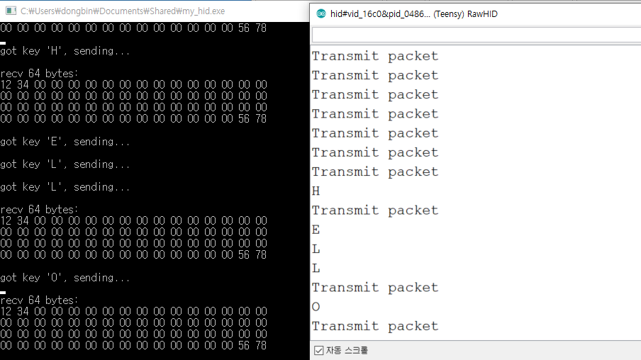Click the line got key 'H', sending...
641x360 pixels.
[65, 51]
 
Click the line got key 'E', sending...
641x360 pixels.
[65, 142]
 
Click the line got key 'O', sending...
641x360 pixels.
[65, 278]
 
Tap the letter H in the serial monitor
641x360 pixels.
[316, 191]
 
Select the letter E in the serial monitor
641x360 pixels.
[316, 230]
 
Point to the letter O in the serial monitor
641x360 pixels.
[316, 307]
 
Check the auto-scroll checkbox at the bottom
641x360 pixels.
[318, 350]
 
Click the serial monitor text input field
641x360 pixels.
[475, 35]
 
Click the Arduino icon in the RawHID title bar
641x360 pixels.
[321, 13]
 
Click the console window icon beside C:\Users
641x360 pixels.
[11, 11]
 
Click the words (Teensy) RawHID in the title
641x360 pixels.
[465, 13]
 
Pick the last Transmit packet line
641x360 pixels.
[375, 326]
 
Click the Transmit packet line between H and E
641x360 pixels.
[375, 210]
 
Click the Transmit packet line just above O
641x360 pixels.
[375, 288]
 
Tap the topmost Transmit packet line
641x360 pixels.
[375, 56]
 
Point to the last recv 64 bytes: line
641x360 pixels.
[40, 300]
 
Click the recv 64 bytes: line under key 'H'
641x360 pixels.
[40, 74]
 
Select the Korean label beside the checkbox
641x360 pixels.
[347, 350]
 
